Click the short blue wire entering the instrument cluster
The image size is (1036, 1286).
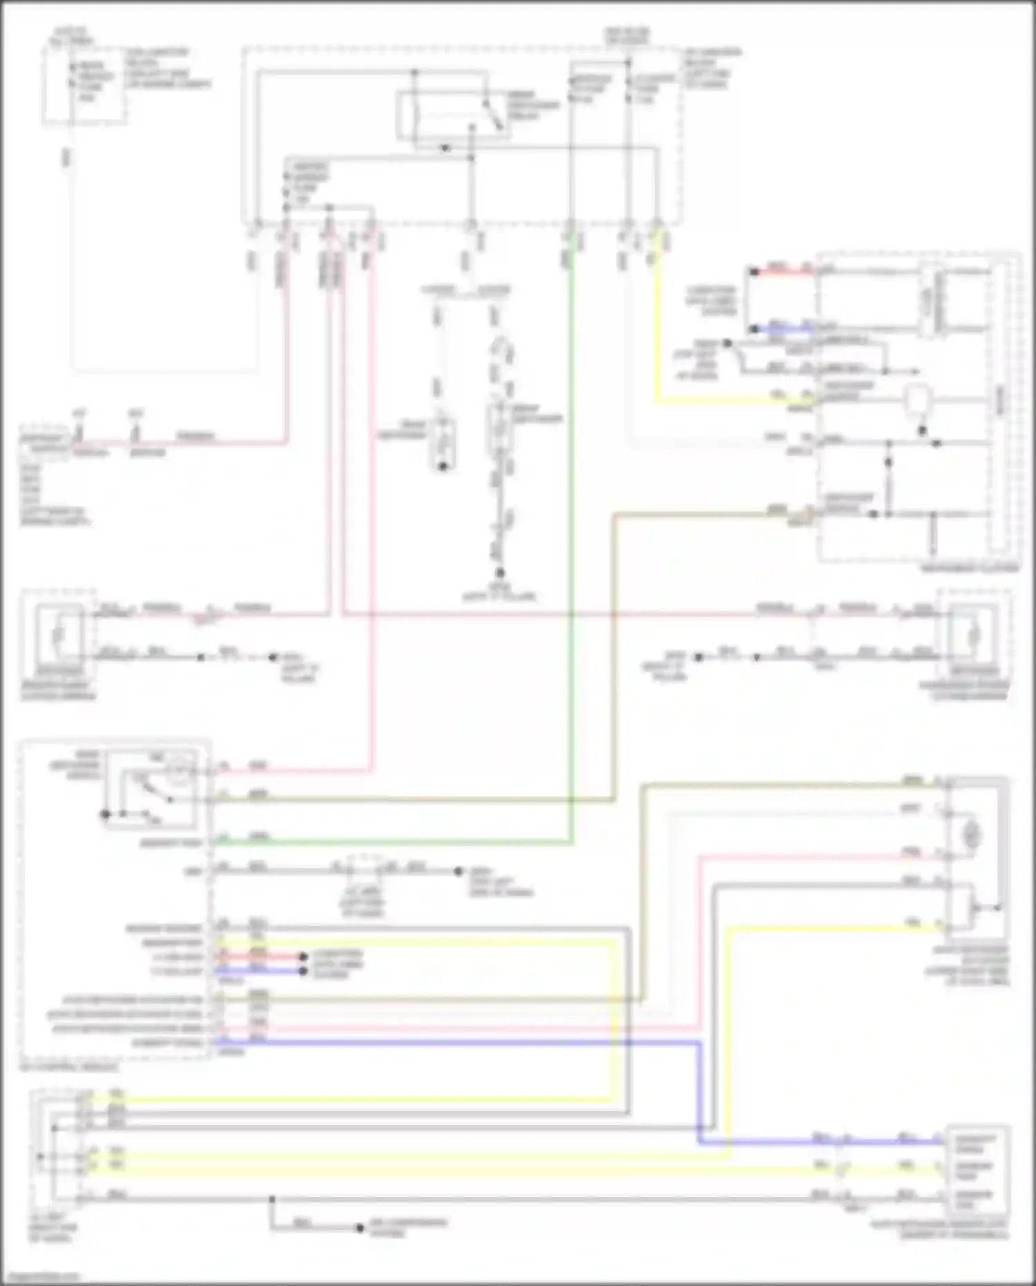point(784,330)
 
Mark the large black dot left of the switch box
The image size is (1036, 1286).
point(106,815)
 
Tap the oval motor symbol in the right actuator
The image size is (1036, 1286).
point(972,837)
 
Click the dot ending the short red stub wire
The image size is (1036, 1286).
point(303,957)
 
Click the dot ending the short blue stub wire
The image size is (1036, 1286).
point(303,971)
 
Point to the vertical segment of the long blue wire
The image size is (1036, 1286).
point(699,1092)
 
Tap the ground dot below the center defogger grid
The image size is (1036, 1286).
point(499,573)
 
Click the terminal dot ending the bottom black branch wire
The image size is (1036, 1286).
point(359,1228)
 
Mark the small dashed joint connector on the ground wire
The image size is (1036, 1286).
point(362,869)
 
